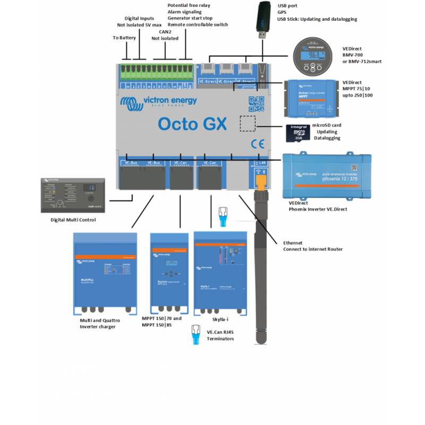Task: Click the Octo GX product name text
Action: pyautogui.click(x=192, y=123)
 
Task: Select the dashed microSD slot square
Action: pyautogui.click(x=247, y=123)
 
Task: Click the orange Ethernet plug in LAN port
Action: pyautogui.click(x=260, y=180)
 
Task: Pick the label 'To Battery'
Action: pyautogui.click(x=124, y=38)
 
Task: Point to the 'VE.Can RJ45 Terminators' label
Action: pyautogui.click(x=220, y=335)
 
